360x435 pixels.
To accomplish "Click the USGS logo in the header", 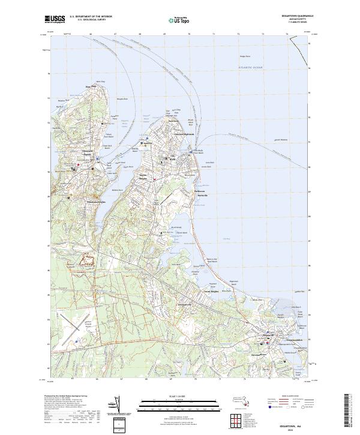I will click(x=53, y=19).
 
